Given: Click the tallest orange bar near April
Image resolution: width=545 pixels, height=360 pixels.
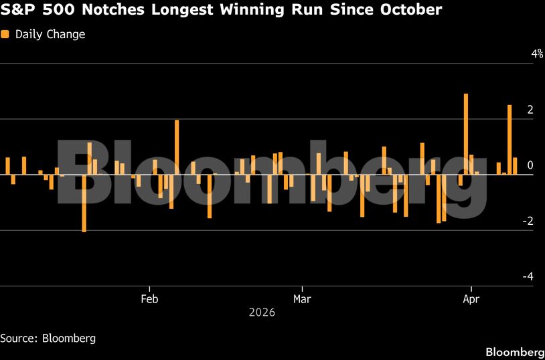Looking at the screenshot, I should pyautogui.click(x=466, y=134).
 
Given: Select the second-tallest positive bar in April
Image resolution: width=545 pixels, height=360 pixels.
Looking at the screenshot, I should pyautogui.click(x=510, y=140).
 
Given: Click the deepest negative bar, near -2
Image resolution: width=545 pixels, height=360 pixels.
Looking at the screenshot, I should pyautogui.click(x=84, y=203).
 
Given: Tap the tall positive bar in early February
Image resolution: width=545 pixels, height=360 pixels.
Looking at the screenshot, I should pyautogui.click(x=177, y=147).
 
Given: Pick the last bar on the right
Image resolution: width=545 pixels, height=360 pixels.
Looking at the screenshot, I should pyautogui.click(x=515, y=166).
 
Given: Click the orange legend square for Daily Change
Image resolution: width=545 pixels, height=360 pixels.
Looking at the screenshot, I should pyautogui.click(x=5, y=34).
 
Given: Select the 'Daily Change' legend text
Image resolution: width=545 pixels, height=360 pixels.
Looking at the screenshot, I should pyautogui.click(x=50, y=34).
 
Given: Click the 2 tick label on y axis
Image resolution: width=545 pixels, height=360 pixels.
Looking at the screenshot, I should pyautogui.click(x=530, y=110).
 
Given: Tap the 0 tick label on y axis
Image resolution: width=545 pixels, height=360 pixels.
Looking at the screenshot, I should pyautogui.click(x=530, y=165).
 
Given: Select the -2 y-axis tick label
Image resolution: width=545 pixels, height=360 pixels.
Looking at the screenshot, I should pyautogui.click(x=528, y=221).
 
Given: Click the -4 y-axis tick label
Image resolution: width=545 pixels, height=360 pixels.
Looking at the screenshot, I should pyautogui.click(x=528, y=276).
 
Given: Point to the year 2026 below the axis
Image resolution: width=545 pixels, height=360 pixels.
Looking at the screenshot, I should pyautogui.click(x=262, y=312).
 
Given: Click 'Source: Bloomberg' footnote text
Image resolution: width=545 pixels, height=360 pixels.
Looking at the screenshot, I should pyautogui.click(x=48, y=338).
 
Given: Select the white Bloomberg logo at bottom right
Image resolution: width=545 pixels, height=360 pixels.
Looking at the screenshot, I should pyautogui.click(x=514, y=352).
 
